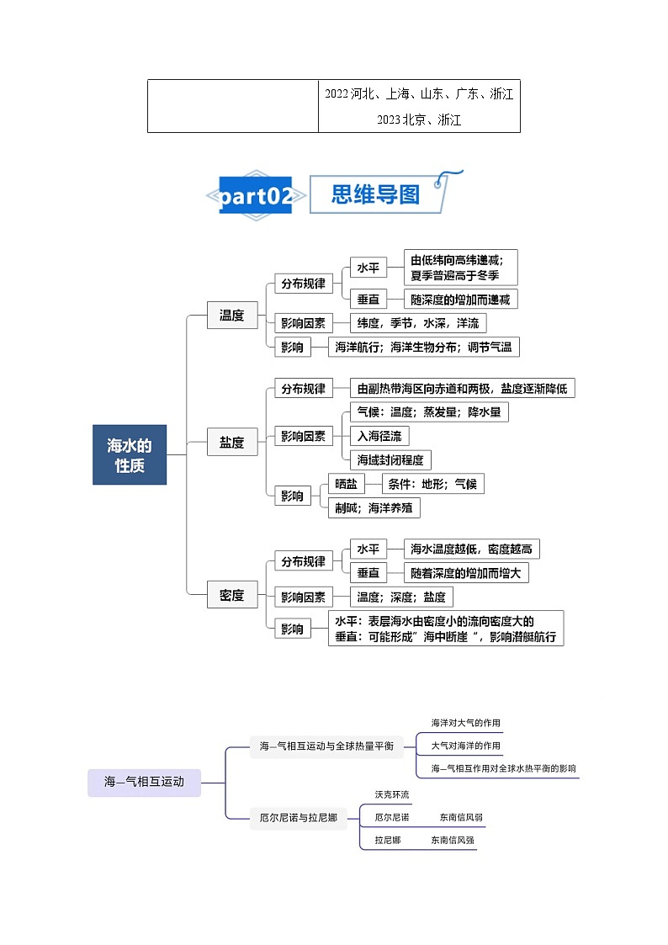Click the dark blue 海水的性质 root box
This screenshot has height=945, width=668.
click(130, 454)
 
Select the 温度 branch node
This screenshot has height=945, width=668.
click(232, 316)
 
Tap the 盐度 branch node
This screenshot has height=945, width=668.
click(232, 442)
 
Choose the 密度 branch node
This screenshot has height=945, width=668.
click(232, 595)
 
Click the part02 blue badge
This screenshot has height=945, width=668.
click(256, 196)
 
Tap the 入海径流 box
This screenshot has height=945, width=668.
click(379, 436)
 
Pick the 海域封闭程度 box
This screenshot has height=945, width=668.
click(391, 459)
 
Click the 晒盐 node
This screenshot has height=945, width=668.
click(346, 484)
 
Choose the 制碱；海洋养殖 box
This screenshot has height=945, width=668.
click(374, 507)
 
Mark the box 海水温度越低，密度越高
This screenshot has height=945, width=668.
click(472, 549)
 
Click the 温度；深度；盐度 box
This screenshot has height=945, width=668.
click(401, 597)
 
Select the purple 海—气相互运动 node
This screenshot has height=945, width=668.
click(144, 783)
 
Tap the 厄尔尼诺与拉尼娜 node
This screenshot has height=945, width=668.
click(298, 817)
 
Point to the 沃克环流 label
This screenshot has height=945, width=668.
click(392, 794)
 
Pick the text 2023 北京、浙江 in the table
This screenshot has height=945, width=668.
click(419, 120)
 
